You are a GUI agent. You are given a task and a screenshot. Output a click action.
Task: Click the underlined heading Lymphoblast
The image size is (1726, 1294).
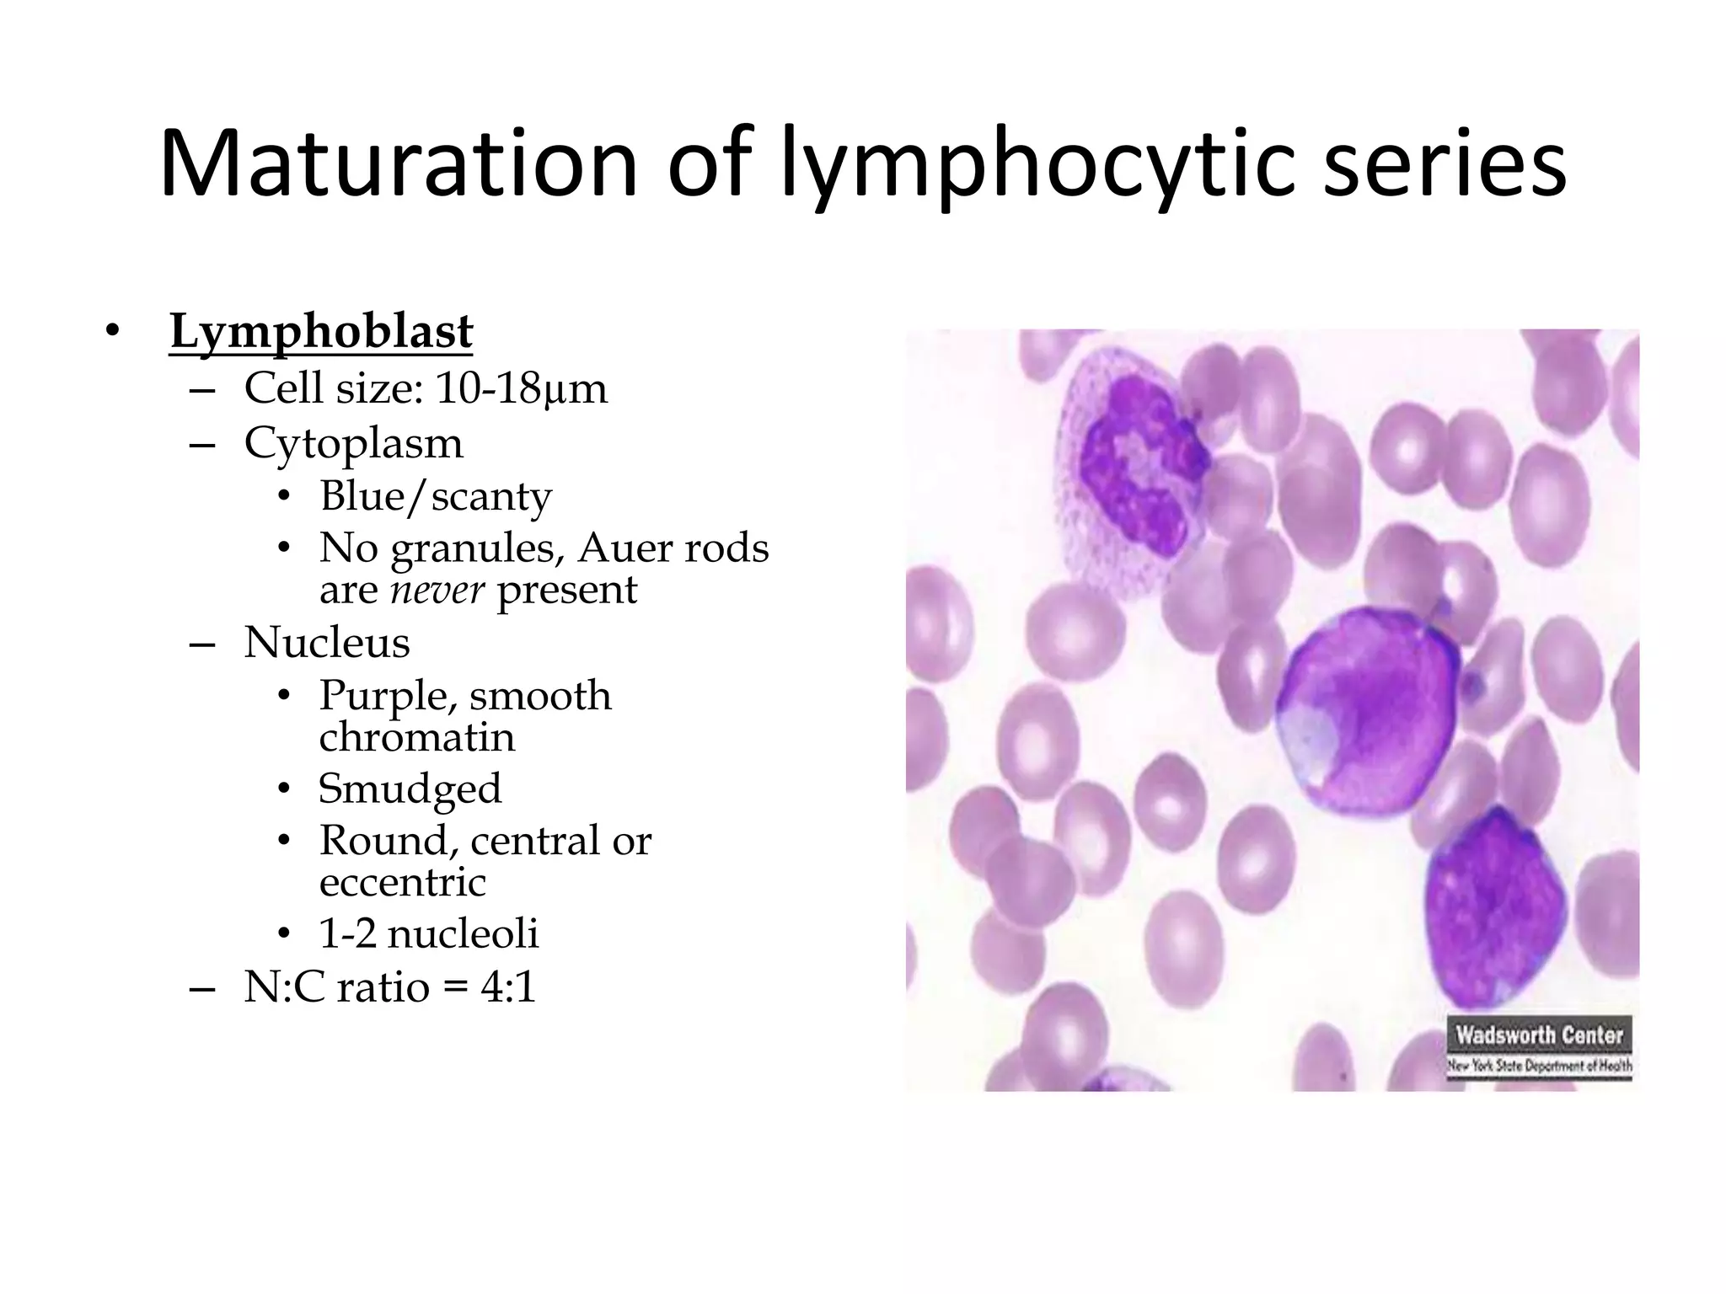click(321, 332)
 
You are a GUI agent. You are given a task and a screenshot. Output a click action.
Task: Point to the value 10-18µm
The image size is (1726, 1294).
click(521, 388)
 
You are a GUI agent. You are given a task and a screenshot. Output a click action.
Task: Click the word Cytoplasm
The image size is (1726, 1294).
click(353, 444)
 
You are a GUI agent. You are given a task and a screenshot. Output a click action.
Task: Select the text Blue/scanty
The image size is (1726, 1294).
click(435, 496)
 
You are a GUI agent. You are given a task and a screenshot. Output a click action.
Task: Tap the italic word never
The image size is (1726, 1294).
click(437, 590)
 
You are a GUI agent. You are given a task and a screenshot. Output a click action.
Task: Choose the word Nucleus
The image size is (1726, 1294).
click(326, 643)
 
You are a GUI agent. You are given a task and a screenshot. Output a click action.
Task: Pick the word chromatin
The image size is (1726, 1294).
click(416, 738)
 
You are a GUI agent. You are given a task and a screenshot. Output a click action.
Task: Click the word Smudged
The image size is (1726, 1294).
click(410, 789)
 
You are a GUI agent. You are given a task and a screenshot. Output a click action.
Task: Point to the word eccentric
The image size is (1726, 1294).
click(402, 883)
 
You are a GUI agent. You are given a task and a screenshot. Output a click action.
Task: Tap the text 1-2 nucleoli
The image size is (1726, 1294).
click(428, 934)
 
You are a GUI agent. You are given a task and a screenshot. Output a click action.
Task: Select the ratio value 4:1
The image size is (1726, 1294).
click(508, 987)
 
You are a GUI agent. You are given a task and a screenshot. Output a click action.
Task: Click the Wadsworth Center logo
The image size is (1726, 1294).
click(1539, 1046)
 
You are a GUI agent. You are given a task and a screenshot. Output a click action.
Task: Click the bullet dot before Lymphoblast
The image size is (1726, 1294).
click(112, 332)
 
